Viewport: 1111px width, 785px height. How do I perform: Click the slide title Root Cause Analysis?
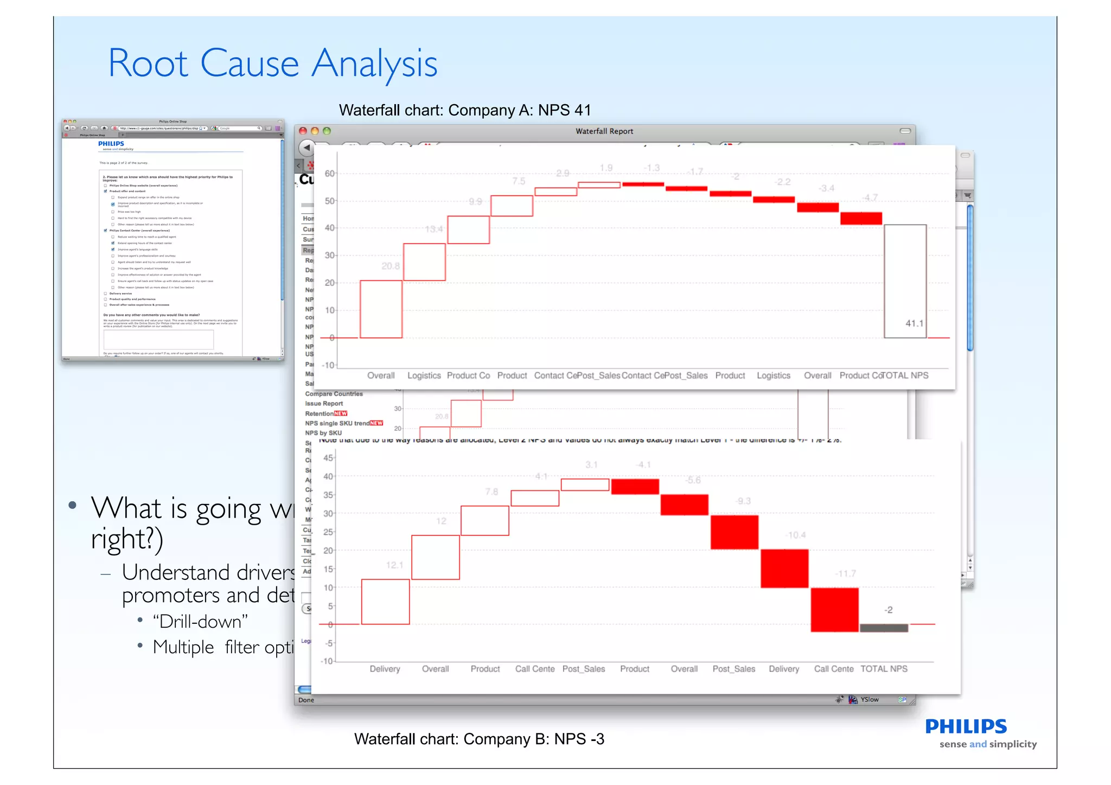[272, 64]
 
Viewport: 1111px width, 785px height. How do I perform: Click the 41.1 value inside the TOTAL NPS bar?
[914, 323]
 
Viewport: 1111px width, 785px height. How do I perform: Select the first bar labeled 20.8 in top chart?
[381, 309]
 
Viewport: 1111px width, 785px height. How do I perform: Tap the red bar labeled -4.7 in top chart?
[861, 218]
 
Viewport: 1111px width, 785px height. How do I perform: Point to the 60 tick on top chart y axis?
[329, 174]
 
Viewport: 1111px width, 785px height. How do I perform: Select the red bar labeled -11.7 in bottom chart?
[834, 610]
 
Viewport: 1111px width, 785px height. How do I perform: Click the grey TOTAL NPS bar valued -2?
[884, 628]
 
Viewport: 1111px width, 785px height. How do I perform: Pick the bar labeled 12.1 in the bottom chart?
[385, 602]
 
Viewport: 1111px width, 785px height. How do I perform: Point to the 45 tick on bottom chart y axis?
[328, 458]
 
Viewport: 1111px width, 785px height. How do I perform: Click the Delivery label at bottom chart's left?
[385, 669]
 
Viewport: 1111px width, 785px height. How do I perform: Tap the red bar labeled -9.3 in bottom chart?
[735, 532]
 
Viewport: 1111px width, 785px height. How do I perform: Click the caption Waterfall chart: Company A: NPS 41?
[464, 110]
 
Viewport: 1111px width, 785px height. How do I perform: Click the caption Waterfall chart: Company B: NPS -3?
[478, 739]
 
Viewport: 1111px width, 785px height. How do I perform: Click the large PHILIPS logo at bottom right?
[966, 726]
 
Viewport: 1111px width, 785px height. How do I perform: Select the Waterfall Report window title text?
[604, 131]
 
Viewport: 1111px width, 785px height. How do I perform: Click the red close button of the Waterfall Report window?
[303, 131]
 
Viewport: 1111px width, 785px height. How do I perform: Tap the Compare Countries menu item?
[334, 394]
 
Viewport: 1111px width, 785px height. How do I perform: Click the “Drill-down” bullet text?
[200, 621]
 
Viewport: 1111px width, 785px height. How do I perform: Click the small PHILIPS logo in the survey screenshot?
[111, 144]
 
